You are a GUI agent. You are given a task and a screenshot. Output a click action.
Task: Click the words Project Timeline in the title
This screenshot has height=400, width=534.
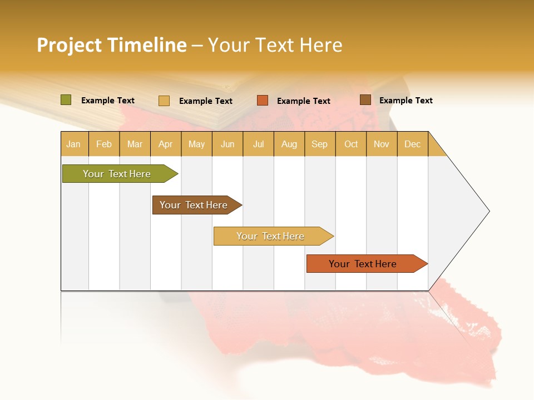(111, 45)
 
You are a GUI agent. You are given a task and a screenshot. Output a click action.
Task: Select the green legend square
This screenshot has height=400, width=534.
(66, 100)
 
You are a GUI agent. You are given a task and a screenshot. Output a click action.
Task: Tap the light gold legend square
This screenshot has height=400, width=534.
(164, 101)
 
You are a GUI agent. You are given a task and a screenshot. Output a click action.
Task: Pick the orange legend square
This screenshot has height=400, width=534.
(263, 101)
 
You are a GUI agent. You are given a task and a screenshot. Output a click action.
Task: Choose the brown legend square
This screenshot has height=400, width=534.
(365, 100)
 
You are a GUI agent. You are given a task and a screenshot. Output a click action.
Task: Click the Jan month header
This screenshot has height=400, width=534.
(73, 144)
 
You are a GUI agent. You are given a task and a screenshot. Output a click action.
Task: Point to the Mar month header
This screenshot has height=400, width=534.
(135, 144)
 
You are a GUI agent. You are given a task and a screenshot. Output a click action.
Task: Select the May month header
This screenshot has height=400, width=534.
(196, 144)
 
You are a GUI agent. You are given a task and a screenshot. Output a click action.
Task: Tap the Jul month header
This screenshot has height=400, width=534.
(258, 144)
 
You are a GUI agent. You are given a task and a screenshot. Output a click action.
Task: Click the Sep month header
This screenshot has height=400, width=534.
(319, 144)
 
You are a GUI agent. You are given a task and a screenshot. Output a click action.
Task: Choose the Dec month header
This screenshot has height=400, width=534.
(412, 144)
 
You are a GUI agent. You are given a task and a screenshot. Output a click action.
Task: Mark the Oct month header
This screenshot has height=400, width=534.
(351, 144)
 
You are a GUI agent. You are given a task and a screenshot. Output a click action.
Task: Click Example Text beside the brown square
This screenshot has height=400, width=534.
(406, 101)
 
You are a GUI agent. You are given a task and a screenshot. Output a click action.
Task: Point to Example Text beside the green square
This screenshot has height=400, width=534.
(108, 101)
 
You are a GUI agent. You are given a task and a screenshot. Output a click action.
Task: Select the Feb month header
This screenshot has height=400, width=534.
(104, 144)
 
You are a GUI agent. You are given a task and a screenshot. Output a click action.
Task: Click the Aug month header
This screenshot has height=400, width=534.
(289, 144)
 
